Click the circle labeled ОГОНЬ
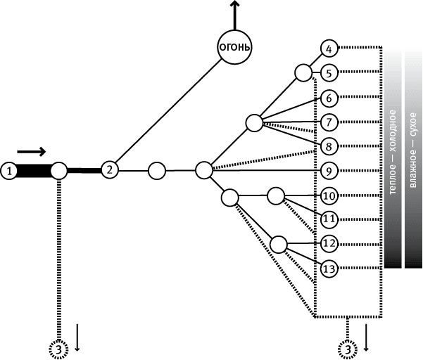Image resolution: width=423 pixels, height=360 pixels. tap(235, 48)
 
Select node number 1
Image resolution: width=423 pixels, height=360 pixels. tap(9, 170)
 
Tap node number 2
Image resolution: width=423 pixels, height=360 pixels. tap(109, 169)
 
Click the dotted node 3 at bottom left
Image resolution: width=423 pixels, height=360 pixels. tap(59, 348)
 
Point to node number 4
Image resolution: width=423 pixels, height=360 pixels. tap(329, 49)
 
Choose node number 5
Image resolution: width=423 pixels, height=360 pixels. tap(329, 72)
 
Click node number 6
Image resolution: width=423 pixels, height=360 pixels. tap(329, 98)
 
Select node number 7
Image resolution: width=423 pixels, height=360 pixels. tap(329, 122)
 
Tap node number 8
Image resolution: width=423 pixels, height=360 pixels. tap(329, 146)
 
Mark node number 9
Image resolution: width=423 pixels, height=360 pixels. tap(329, 170)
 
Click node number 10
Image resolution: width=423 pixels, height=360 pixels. tap(329, 195)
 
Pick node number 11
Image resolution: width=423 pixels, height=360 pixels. tap(329, 219)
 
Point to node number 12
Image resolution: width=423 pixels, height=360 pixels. tap(329, 243)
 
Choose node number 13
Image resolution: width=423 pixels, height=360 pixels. tap(329, 267)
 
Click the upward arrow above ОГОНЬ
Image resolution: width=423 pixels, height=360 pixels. tap(235, 13)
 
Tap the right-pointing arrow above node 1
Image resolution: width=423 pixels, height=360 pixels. tap(32, 151)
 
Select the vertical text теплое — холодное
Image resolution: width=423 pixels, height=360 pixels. tap(393, 156)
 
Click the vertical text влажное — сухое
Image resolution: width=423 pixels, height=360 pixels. tap(413, 156)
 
